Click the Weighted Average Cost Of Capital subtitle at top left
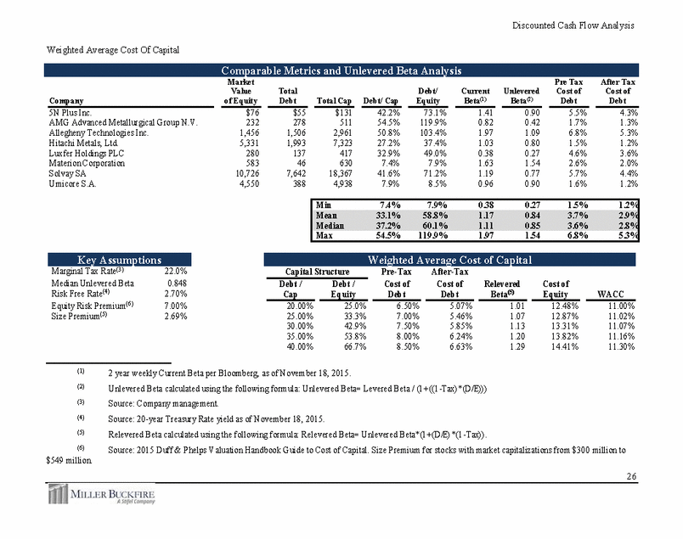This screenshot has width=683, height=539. (x=106, y=51)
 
